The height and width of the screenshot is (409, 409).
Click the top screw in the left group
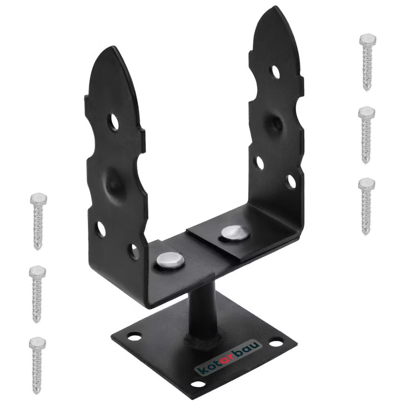tap(38, 221)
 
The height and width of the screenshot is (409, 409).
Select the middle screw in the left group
tap(37, 293)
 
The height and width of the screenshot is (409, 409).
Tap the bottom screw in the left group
tap(37, 365)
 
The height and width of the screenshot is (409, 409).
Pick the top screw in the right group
tap(367, 62)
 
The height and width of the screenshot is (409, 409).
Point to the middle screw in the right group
tap(366, 135)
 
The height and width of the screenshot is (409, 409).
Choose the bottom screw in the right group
tap(366, 206)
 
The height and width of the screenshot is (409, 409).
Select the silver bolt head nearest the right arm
tap(235, 233)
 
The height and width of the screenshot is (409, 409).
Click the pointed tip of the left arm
tap(113, 47)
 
